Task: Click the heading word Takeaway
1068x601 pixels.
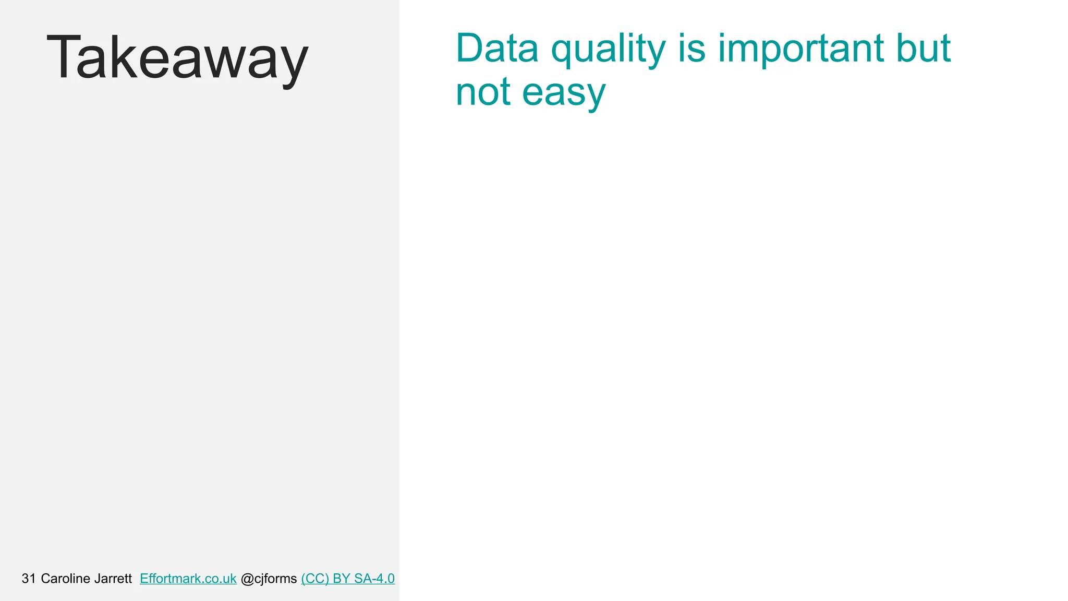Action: click(177, 57)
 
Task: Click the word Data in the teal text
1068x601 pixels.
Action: click(497, 48)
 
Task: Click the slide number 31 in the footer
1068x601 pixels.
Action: click(29, 579)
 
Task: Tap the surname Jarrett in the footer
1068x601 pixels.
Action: click(113, 579)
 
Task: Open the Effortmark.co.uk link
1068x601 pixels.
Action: click(188, 579)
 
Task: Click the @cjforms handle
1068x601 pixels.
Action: click(269, 579)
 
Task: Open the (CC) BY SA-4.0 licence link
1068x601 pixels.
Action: click(348, 579)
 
